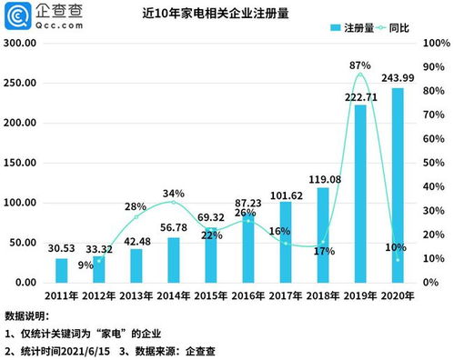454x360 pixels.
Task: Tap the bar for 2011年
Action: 61,270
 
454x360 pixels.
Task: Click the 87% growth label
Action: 359,65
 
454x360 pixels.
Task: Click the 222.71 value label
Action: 359,96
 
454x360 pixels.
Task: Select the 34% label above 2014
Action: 175,193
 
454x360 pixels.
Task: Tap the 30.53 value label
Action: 62,248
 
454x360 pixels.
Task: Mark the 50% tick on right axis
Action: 434,164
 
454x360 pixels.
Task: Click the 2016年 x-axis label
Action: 248,295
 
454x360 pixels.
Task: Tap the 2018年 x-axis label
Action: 323,295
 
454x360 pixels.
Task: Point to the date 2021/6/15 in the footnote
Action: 91,349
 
